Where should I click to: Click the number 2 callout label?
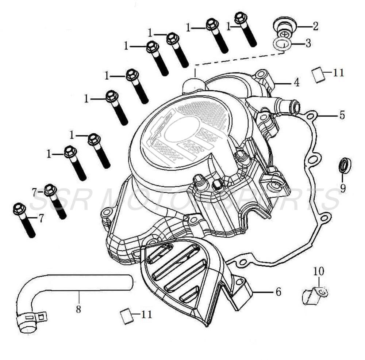[315, 26]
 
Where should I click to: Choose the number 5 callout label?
[342, 115]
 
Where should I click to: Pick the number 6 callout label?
[278, 292]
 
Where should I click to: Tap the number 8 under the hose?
[78, 309]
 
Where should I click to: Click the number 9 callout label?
[343, 188]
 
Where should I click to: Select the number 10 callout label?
[318, 271]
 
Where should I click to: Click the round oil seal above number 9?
[345, 165]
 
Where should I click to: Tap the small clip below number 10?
[315, 295]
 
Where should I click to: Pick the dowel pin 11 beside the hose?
[126, 315]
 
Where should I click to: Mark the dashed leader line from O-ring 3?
[241, 61]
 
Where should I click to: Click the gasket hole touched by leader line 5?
[311, 116]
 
